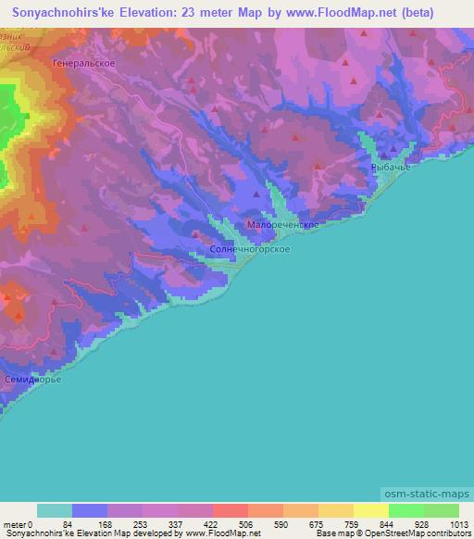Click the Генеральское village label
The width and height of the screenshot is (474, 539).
coord(84,63)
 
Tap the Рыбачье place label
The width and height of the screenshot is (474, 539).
coord(390,165)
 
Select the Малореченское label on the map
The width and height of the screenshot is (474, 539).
coord(283,225)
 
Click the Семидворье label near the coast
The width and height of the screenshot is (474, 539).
coord(32,381)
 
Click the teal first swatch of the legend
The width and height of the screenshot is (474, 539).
coord(55,510)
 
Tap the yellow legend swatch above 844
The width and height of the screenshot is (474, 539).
coord(370,510)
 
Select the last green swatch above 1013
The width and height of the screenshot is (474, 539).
coord(441,510)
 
